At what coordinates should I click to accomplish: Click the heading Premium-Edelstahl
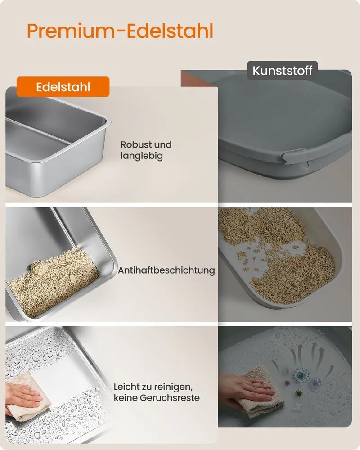click(x=120, y=31)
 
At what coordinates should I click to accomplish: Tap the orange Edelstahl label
click(x=63, y=87)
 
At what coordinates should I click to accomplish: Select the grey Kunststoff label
click(x=283, y=70)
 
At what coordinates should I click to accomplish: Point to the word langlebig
click(x=142, y=156)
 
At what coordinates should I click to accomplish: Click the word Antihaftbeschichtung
click(x=166, y=270)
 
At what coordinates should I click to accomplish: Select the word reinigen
click(x=173, y=387)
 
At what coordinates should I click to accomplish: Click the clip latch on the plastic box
click(x=294, y=157)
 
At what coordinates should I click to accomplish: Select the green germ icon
click(x=298, y=394)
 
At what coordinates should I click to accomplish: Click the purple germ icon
click(x=315, y=382)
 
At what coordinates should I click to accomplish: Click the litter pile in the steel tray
click(x=53, y=283)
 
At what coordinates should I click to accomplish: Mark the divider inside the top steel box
click(x=37, y=130)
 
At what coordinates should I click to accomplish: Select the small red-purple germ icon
click(x=288, y=383)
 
